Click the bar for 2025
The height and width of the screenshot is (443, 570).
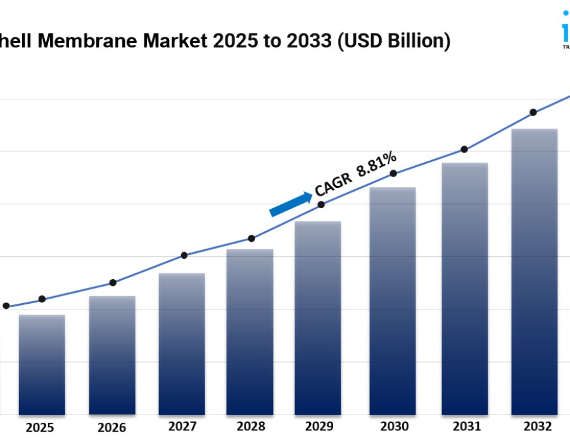[42, 365]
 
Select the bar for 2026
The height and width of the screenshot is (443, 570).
[112, 355]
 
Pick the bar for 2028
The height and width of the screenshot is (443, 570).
[250, 332]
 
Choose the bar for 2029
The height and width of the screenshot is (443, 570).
[318, 318]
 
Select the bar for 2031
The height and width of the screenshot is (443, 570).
[465, 289]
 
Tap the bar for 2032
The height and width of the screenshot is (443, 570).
[535, 271]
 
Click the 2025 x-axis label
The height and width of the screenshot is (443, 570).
[40, 427]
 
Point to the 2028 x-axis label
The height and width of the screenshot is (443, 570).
[251, 427]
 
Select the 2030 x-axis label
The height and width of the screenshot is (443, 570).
[395, 427]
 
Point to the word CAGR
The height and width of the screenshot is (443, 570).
[333, 182]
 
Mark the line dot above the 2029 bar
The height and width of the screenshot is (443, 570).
[321, 204]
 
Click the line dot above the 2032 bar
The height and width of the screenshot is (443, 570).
[533, 112]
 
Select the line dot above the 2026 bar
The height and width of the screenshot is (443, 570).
[113, 282]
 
